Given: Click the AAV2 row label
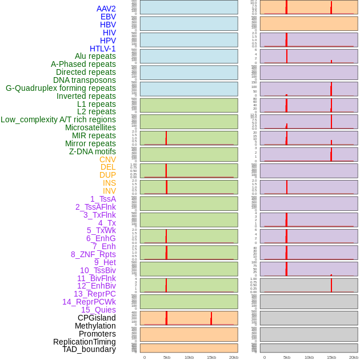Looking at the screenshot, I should coord(106,9).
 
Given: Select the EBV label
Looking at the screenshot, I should coord(108,17).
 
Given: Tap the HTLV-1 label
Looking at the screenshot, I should coord(103,49).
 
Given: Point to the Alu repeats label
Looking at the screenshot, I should coord(95,57).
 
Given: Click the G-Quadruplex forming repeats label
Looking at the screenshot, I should coord(61,88).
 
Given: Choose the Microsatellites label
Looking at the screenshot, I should coord(90,127).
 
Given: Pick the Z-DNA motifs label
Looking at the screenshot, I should coord(93,151).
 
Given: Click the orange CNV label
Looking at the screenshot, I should coord(107,159).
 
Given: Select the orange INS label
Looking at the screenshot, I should coord(109,183).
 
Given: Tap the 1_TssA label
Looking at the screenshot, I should coord(103,199).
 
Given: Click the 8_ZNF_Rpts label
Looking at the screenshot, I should coord(93,254).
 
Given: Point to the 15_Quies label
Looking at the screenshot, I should coord(98,310).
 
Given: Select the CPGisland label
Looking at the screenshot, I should coord(97,318).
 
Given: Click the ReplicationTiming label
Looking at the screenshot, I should coord(85,342).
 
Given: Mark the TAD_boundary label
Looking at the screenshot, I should coord(89,349).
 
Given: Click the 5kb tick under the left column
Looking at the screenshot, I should coord(167,357).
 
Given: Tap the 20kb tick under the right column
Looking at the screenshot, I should coord(354,357).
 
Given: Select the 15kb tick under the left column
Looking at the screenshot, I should coord(211,357).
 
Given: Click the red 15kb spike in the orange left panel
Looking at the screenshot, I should coord(211,318).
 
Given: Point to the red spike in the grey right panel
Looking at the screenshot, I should coord(331,283).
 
